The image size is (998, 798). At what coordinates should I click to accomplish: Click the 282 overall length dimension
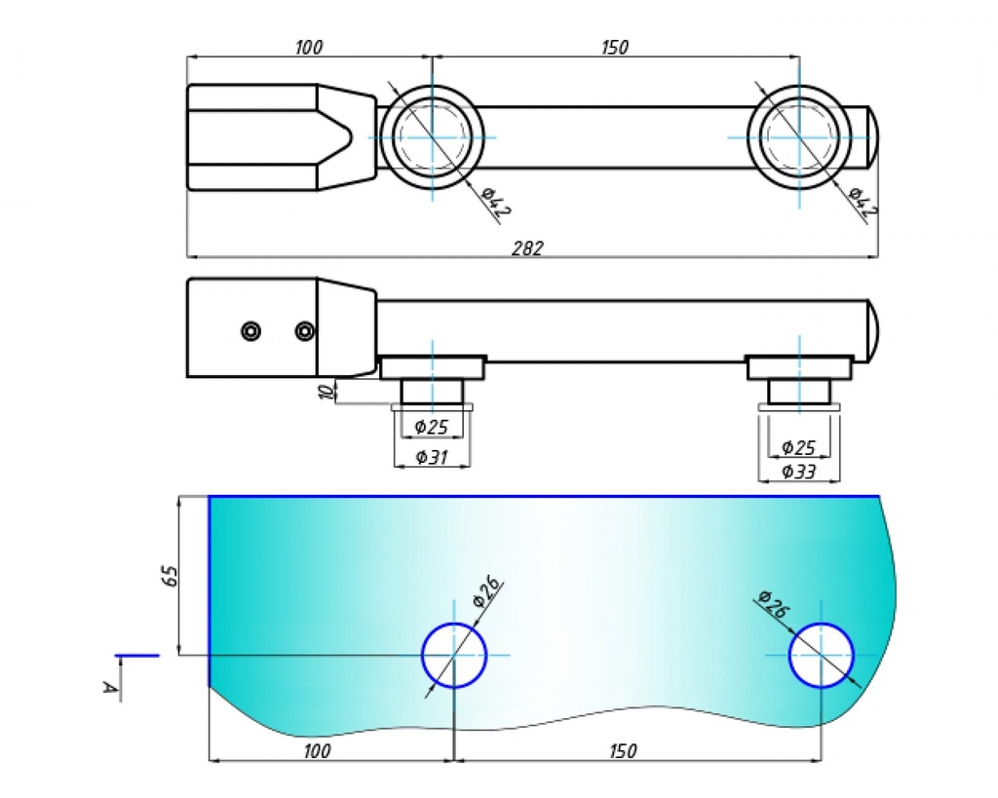(x=527, y=247)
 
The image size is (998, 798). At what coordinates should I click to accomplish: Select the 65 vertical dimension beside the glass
(x=170, y=574)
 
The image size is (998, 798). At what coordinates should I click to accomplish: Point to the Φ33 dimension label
(x=799, y=472)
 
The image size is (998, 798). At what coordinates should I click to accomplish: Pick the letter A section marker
(x=110, y=689)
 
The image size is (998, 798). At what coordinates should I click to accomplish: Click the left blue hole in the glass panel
(x=454, y=655)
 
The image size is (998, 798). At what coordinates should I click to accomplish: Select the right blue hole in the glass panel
(x=822, y=655)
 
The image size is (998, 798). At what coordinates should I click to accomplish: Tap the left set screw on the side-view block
(x=251, y=332)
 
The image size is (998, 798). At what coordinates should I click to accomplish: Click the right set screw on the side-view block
(x=305, y=332)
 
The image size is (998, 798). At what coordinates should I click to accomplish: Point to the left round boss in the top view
(x=431, y=136)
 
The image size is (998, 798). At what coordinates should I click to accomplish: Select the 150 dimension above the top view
(x=615, y=47)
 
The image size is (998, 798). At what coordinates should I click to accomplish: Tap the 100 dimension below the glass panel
(x=317, y=751)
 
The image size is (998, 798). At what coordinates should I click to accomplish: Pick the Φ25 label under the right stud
(x=798, y=448)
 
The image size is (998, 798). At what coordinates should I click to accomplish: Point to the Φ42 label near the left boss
(x=496, y=200)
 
